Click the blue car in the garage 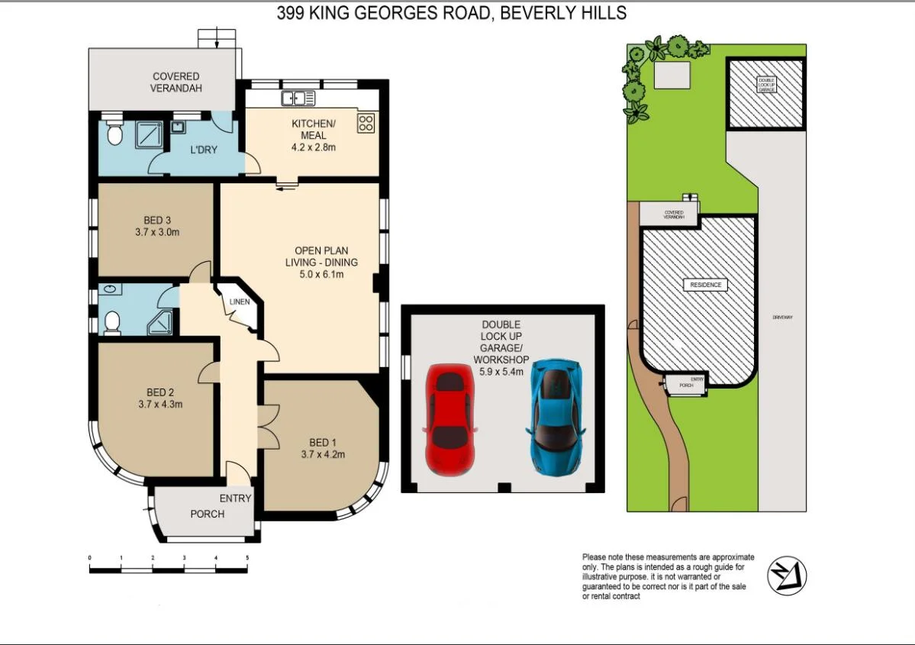[x=556, y=417]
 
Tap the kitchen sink [x=298, y=98]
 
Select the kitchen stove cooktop [x=366, y=123]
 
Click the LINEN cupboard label [x=240, y=302]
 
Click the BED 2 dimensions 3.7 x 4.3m [x=160, y=405]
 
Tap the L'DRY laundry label [x=204, y=150]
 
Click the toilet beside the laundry [x=114, y=135]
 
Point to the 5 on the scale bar [x=247, y=559]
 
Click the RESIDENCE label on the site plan [x=705, y=285]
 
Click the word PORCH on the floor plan [x=208, y=514]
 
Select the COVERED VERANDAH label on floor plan [x=176, y=82]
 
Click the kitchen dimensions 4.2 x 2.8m [x=314, y=147]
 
